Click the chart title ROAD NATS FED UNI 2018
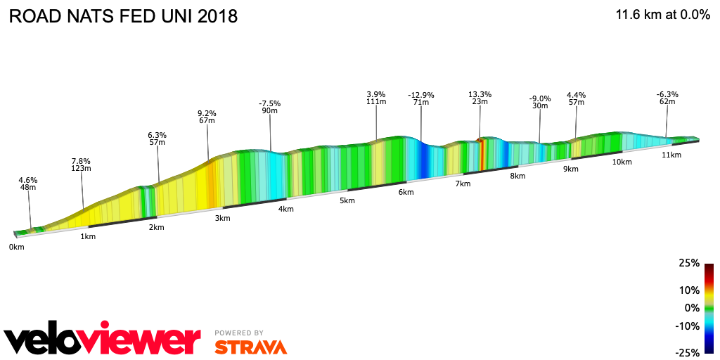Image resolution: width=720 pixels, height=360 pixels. (x=123, y=16)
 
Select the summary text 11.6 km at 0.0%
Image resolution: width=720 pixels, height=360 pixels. (x=663, y=15)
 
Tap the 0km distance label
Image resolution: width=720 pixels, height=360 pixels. (x=16, y=247)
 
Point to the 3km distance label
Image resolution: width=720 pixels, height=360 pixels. (x=222, y=218)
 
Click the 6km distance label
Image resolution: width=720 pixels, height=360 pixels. (x=406, y=192)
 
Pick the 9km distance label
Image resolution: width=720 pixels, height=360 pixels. (x=570, y=169)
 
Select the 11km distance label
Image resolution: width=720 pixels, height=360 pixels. (x=671, y=155)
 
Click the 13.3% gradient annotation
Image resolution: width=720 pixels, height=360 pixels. (x=480, y=94)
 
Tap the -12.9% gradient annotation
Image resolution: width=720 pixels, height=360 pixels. (x=421, y=95)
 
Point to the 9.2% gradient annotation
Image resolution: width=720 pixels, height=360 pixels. (x=207, y=113)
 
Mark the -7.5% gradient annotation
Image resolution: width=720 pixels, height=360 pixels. (x=269, y=103)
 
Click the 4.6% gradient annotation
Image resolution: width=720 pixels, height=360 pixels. (x=28, y=181)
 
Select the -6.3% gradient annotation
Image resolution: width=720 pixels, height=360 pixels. (x=667, y=94)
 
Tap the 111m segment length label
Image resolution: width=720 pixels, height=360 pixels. (x=376, y=102)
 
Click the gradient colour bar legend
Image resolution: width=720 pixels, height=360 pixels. (x=709, y=308)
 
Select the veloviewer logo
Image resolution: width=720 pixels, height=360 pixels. (x=102, y=340)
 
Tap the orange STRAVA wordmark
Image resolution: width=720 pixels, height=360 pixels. (x=250, y=347)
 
